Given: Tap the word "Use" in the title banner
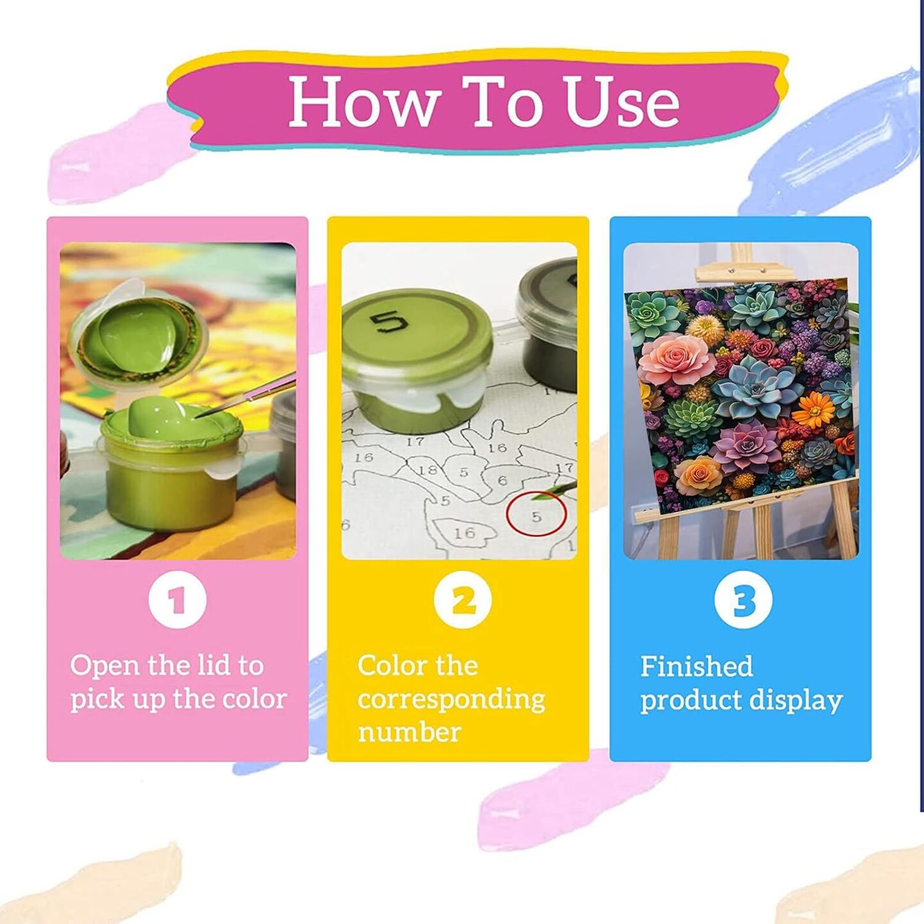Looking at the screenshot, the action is coord(621,101).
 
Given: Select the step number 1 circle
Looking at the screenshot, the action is coord(177,600).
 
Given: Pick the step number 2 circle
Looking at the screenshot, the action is coord(462,600).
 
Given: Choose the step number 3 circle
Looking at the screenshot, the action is coord(743,600).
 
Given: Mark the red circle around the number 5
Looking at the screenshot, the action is coord(536,514).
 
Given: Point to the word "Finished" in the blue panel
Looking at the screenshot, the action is coord(697,667).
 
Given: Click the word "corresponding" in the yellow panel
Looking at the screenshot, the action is coord(451,700).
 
